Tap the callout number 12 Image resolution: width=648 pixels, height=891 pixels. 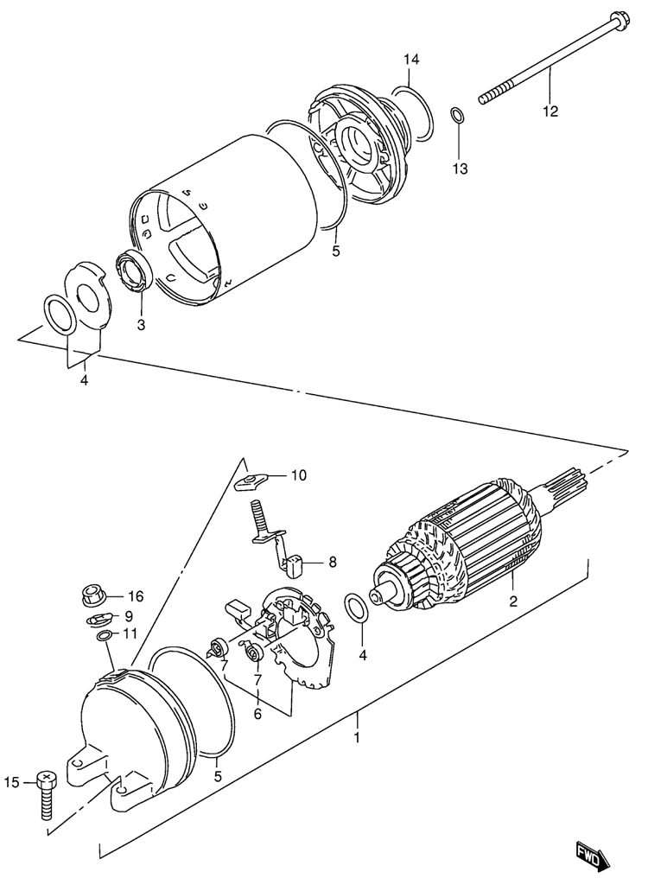[550, 111]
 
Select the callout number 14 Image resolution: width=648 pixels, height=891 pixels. [412, 59]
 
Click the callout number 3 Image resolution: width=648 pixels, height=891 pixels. [141, 325]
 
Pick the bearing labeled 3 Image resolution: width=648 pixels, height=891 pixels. [135, 272]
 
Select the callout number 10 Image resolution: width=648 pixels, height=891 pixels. [299, 475]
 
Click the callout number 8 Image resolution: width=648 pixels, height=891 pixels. [332, 563]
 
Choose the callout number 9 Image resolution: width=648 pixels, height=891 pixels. [129, 615]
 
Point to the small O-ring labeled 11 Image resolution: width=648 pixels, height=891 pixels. [104, 636]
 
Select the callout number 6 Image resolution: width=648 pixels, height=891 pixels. [257, 714]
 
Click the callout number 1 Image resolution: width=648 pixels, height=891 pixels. [357, 738]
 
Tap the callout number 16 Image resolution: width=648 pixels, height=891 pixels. [136, 596]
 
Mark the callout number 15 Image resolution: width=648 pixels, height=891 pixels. [12, 782]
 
